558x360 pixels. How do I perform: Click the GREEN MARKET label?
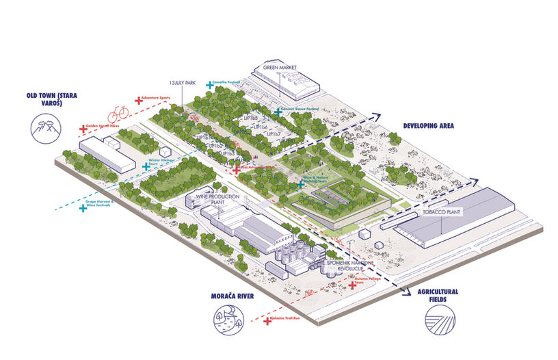point(282,68)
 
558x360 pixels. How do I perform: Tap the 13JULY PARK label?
point(183,83)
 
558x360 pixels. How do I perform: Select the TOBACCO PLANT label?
point(442,212)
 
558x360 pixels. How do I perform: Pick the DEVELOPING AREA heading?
point(429,126)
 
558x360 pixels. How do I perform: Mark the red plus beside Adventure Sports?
point(139,100)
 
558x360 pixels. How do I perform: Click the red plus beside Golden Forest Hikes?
point(81,127)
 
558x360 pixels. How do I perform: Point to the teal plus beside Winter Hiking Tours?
point(145,166)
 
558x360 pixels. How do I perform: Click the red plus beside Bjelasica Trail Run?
point(267,320)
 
